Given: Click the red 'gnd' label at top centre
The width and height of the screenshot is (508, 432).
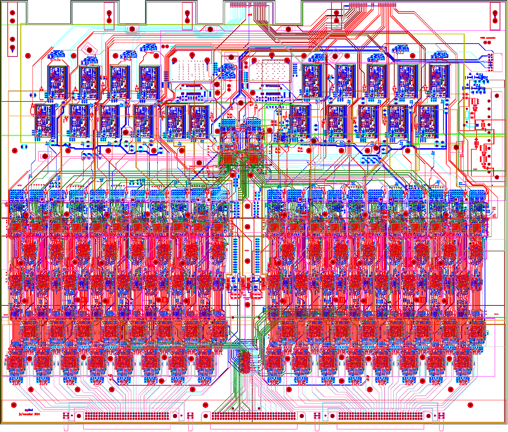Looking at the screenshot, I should point(250,15).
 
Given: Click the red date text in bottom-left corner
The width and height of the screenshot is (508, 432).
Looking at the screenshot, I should point(29,414).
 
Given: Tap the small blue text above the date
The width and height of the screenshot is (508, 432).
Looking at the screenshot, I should point(29,410).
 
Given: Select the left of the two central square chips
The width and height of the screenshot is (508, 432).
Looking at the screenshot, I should point(229,159).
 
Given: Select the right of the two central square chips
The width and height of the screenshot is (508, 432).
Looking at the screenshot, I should point(254,159).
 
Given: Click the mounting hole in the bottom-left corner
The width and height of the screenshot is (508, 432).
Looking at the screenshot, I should point(14,405).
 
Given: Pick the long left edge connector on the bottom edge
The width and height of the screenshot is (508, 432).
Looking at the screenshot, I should point(127,416).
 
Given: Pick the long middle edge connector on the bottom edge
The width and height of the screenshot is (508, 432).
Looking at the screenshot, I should point(253,416).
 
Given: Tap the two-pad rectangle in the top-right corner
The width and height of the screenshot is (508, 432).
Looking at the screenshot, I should point(495,16).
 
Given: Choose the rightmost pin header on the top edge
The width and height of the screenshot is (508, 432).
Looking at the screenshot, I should point(387,5).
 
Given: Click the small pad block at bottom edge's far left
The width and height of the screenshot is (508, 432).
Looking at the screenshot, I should point(66,416).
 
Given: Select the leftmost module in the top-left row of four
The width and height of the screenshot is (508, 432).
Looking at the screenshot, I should point(57,82).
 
